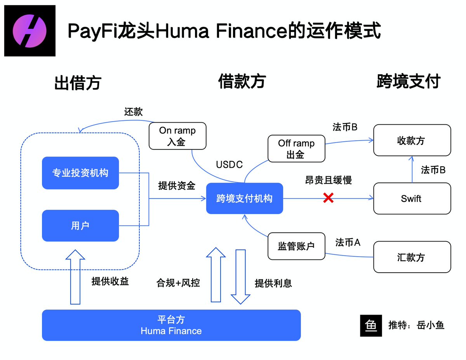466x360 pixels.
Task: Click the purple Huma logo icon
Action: (30, 31)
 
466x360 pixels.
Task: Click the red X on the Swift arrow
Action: (328, 198)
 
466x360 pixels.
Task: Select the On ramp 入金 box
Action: (177, 136)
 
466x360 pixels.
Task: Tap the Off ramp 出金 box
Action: (296, 149)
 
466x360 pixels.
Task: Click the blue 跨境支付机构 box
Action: (244, 199)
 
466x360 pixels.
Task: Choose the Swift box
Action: (412, 198)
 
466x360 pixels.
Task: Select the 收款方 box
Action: (412, 140)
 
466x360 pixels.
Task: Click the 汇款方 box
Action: (412, 257)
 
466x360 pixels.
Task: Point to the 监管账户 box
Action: (296, 246)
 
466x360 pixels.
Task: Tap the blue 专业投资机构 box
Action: (80, 173)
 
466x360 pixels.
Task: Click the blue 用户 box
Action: (80, 226)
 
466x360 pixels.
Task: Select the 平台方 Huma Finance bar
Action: (171, 325)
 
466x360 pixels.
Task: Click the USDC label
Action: (229, 165)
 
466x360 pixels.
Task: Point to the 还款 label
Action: (133, 112)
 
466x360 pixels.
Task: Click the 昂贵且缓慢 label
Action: (328, 180)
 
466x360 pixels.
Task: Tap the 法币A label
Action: (348, 243)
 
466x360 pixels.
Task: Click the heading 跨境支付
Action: (409, 82)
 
